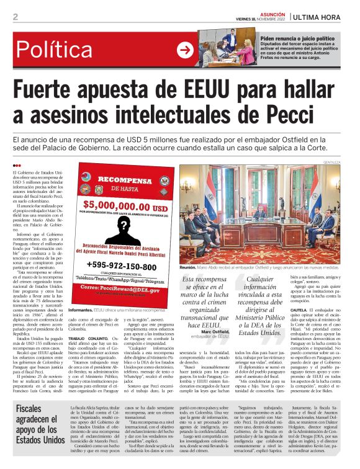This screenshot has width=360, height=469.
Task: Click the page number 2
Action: (15, 17)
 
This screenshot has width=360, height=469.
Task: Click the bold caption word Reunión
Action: (188, 267)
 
